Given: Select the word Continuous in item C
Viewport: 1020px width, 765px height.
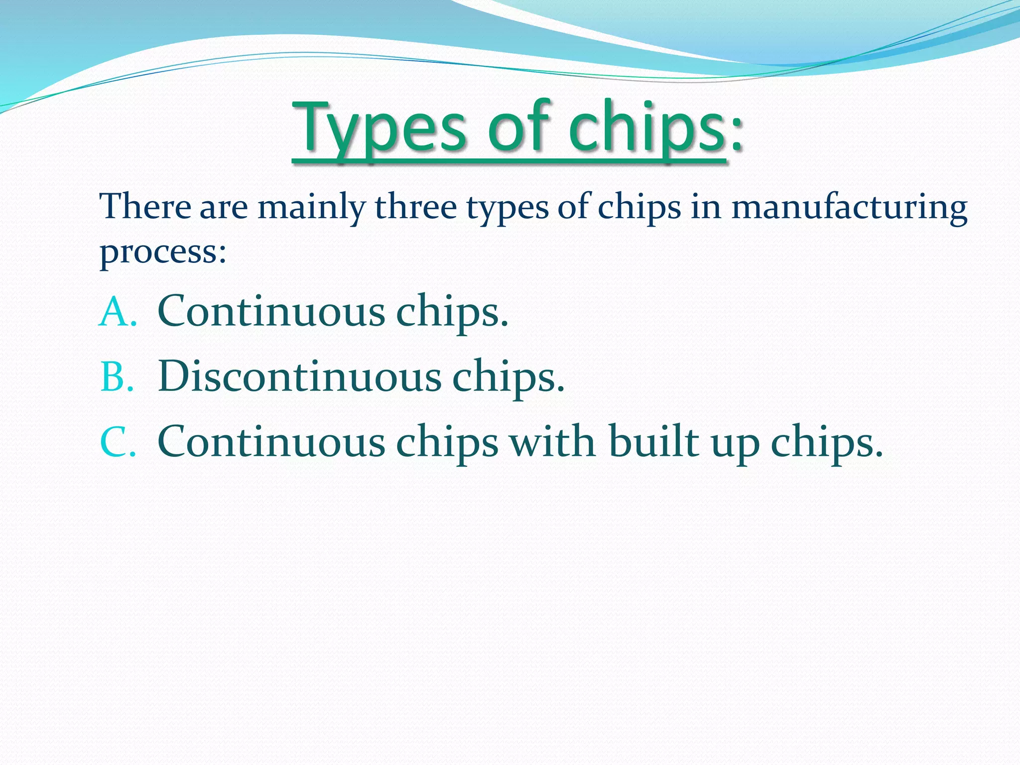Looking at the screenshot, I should click(x=271, y=442).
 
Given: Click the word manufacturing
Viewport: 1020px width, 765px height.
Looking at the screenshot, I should click(x=849, y=207).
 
